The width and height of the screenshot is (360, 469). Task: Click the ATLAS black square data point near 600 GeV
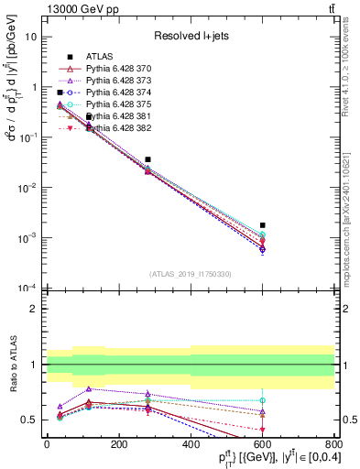pos(263,224)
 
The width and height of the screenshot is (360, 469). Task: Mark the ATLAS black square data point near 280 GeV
pos(147,159)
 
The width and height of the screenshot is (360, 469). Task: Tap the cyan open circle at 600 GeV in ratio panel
pos(263,400)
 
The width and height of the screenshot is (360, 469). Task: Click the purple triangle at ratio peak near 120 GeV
pos(89,389)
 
